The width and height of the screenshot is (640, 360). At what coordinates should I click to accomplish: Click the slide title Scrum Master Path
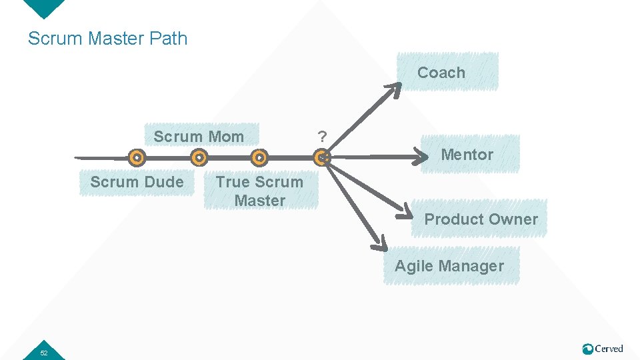[107, 39]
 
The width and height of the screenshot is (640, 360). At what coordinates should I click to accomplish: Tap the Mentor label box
[467, 155]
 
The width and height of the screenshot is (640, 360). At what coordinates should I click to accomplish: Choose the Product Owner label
[481, 219]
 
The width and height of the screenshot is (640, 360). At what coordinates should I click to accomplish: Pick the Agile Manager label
[449, 266]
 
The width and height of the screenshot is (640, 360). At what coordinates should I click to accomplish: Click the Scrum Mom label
[199, 137]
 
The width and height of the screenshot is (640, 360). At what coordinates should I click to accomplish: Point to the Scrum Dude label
[137, 182]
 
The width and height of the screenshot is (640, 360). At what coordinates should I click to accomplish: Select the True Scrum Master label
[259, 191]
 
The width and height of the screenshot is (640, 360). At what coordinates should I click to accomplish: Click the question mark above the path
[322, 137]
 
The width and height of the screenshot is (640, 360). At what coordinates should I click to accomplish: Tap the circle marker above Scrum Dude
[137, 158]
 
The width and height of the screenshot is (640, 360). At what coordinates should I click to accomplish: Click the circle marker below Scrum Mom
[198, 158]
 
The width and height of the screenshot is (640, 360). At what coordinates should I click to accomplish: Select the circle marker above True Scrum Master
[260, 158]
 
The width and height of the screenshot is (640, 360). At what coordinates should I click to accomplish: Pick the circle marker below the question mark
[321, 158]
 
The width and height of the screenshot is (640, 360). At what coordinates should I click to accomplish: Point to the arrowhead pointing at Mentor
[423, 157]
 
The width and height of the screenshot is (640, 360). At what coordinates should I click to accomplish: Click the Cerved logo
[603, 349]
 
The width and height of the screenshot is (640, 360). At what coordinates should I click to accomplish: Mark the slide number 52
[43, 353]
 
